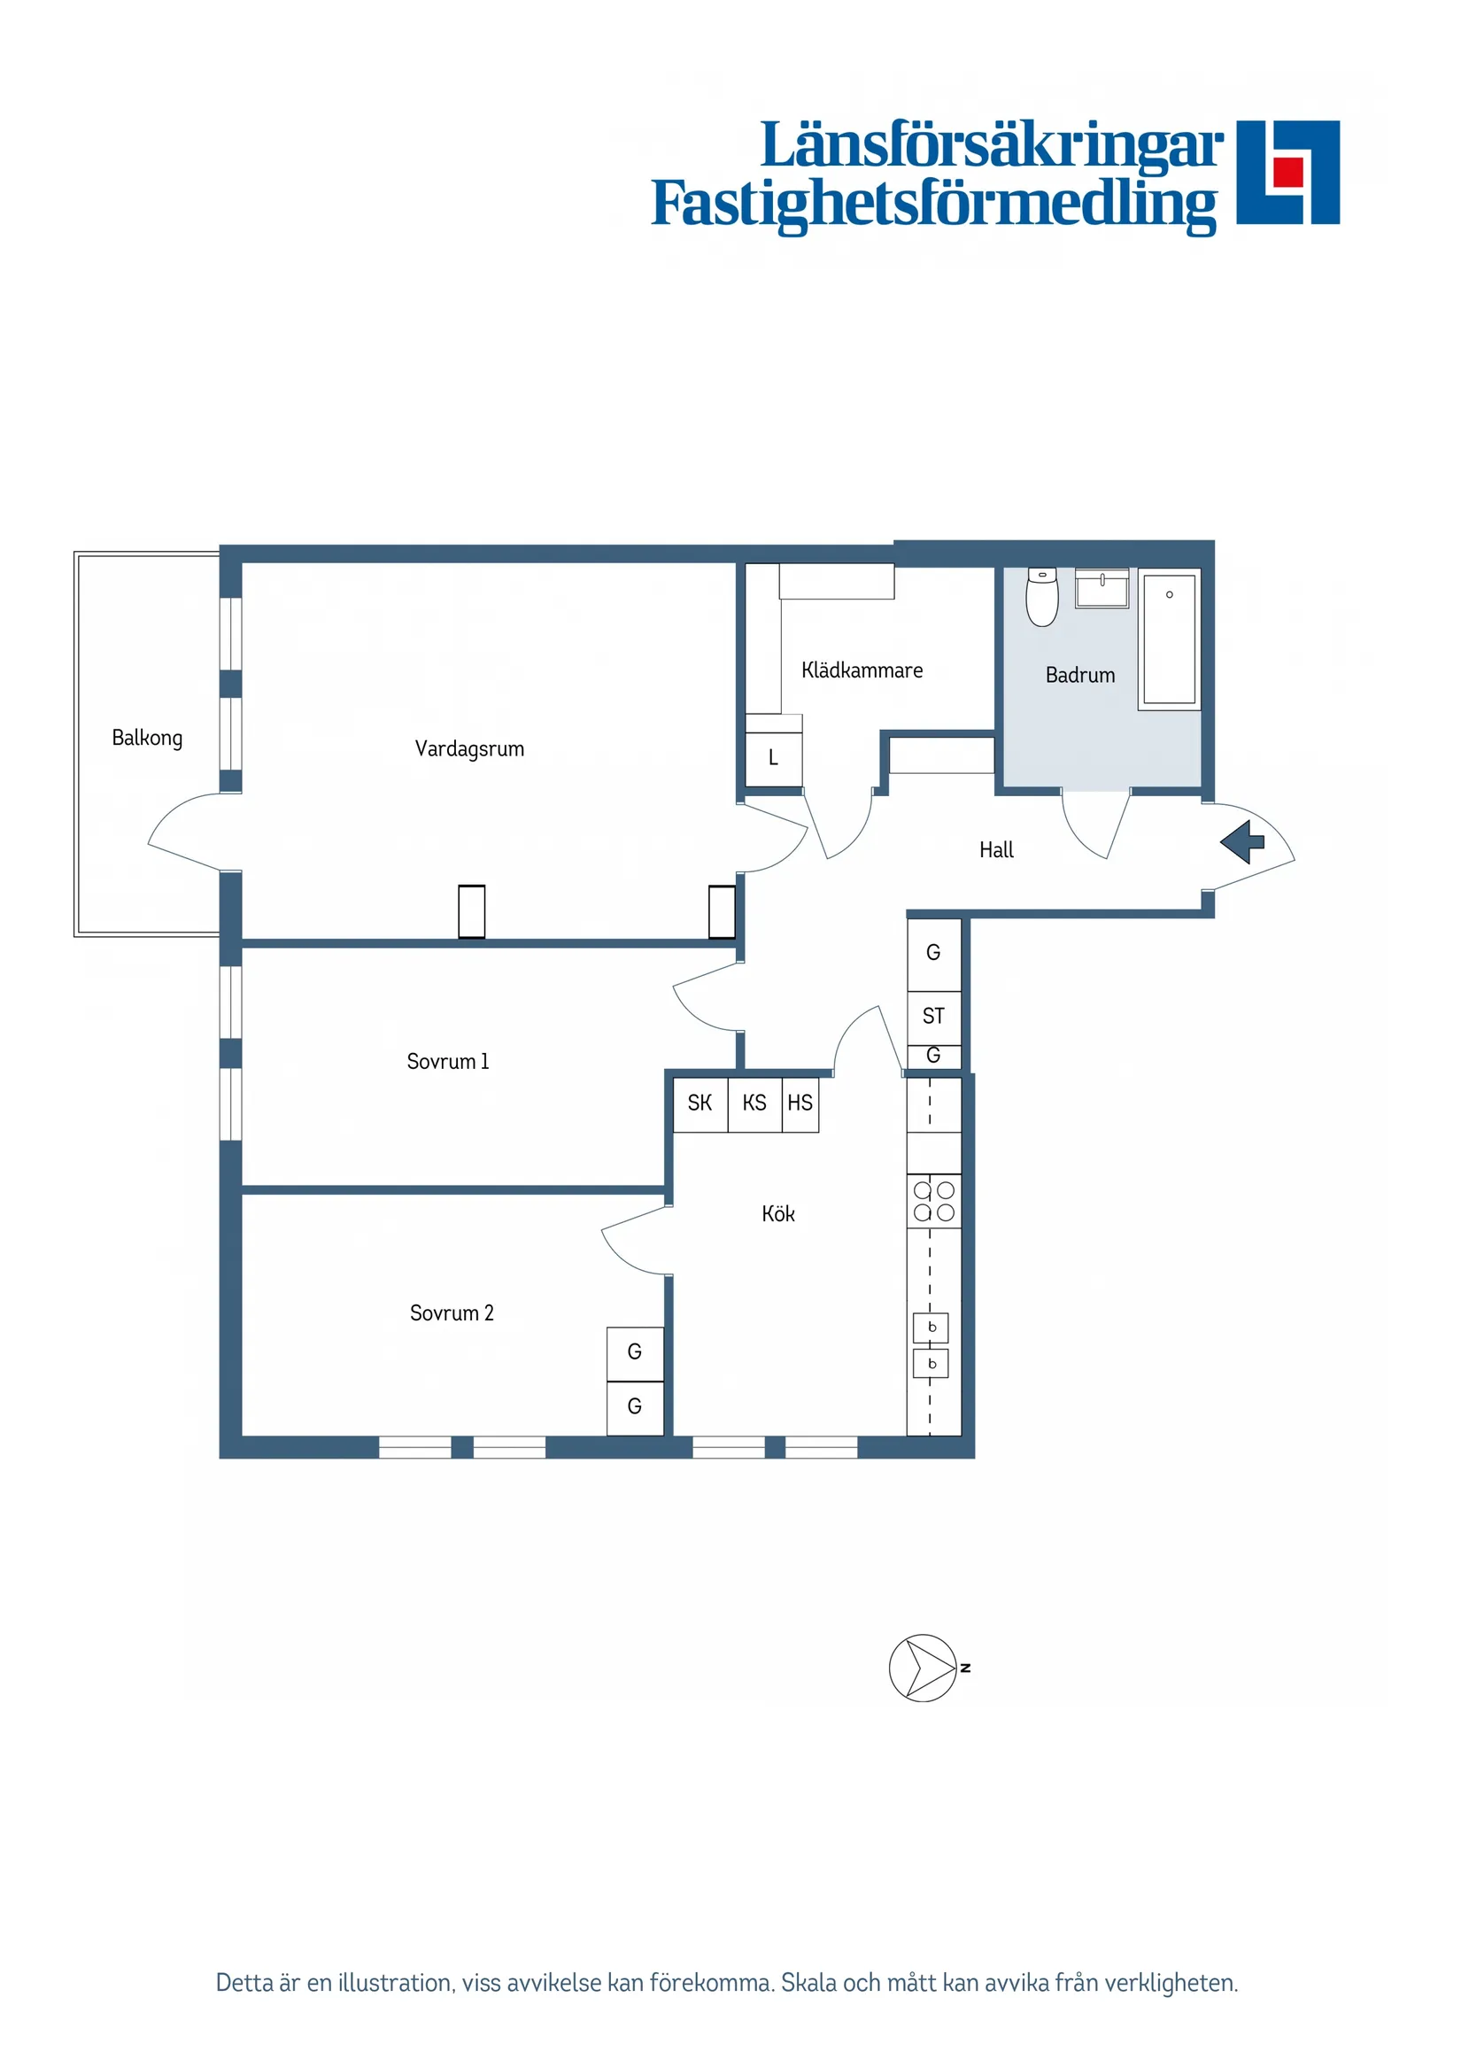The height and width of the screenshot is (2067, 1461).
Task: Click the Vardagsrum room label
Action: click(x=469, y=749)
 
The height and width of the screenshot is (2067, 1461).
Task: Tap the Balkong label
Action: click(x=147, y=739)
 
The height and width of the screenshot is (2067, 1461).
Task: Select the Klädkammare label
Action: click(x=862, y=670)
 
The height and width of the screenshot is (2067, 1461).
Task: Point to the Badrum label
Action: click(x=1079, y=675)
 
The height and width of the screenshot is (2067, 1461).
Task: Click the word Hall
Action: click(x=995, y=850)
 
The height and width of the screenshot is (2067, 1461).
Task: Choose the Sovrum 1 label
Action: click(x=447, y=1062)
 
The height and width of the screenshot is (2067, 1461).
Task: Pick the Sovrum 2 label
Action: click(x=451, y=1312)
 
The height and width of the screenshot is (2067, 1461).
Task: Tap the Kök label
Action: click(x=777, y=1213)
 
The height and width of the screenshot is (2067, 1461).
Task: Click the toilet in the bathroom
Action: click(x=1042, y=597)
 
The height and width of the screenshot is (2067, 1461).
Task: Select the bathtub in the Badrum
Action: click(x=1169, y=639)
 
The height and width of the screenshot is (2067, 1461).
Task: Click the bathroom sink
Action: click(x=1102, y=589)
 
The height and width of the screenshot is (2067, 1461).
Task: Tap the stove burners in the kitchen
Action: click(x=933, y=1201)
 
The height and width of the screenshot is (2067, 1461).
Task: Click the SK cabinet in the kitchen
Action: click(x=700, y=1103)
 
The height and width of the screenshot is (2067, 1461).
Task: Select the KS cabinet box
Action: click(x=754, y=1103)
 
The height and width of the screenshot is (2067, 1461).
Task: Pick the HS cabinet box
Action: click(x=800, y=1103)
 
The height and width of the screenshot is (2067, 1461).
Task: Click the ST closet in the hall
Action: click(x=933, y=1017)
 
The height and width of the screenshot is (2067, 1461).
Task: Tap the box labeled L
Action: click(x=773, y=758)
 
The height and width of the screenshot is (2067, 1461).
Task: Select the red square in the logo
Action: click(x=1288, y=172)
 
